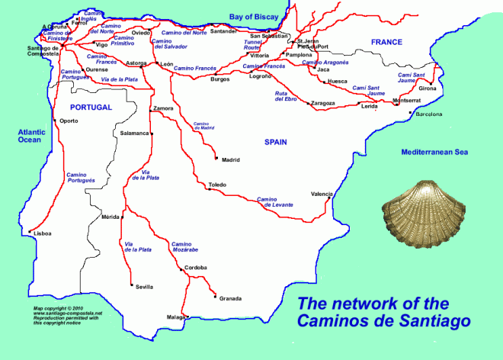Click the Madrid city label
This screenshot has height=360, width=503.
tap(230, 160)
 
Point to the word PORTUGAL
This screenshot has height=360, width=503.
tap(90, 108)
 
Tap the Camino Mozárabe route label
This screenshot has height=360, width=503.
tap(187, 246)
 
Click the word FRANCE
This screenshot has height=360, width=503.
tap(387, 42)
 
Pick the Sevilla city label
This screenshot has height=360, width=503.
tap(144, 287)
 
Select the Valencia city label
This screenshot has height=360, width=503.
tap(322, 194)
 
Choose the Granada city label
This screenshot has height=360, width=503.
tap(231, 298)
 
